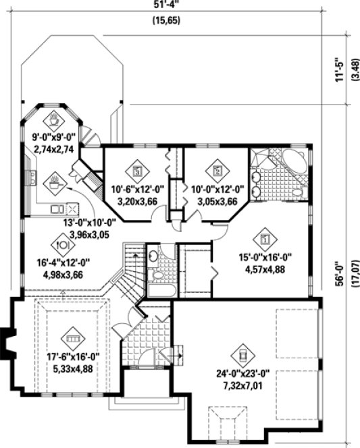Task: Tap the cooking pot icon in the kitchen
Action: pos(53,181)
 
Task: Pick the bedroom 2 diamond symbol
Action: pos(217,171)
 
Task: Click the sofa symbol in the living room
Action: pos(72,335)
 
